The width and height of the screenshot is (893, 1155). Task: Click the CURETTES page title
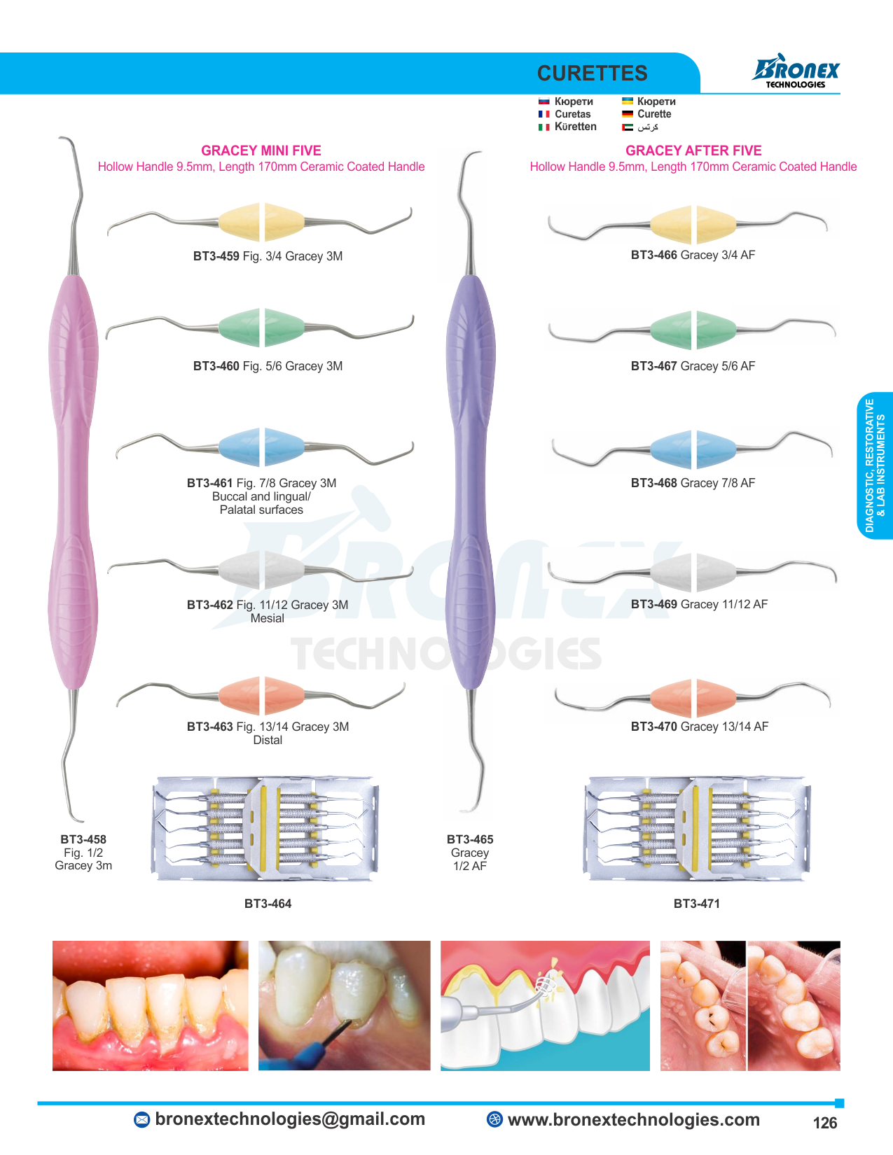click(592, 73)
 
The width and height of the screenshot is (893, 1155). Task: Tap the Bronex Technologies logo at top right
click(796, 71)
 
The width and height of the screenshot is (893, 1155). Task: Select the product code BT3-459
click(216, 256)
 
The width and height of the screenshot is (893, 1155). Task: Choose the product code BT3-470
click(653, 727)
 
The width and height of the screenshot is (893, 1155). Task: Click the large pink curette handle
click(72, 483)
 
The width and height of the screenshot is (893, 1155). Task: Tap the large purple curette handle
click(471, 483)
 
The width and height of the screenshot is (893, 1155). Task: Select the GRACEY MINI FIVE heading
click(261, 150)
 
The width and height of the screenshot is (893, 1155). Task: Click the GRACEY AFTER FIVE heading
click(693, 150)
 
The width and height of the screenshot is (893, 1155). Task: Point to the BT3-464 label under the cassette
click(268, 904)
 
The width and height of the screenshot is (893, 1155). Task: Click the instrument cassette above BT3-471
click(696, 828)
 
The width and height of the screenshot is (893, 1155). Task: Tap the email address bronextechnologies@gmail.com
click(290, 1119)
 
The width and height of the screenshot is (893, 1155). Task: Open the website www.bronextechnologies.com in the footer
click(633, 1120)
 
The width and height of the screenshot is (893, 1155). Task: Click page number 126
click(824, 1123)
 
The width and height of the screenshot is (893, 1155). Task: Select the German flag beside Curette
click(628, 114)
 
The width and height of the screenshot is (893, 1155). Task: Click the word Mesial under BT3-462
click(267, 618)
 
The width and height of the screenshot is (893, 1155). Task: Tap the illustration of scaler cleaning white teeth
click(545, 1006)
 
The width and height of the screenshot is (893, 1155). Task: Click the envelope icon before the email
click(141, 1120)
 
